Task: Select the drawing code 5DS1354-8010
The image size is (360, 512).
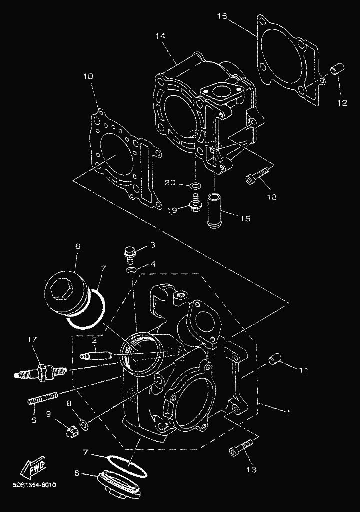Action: [x=35, y=485]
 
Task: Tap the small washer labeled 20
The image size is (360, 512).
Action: [x=196, y=186]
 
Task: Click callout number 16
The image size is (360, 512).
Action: [x=223, y=17]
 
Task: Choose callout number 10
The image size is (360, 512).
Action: [x=88, y=77]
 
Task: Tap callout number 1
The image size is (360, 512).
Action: [x=287, y=413]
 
